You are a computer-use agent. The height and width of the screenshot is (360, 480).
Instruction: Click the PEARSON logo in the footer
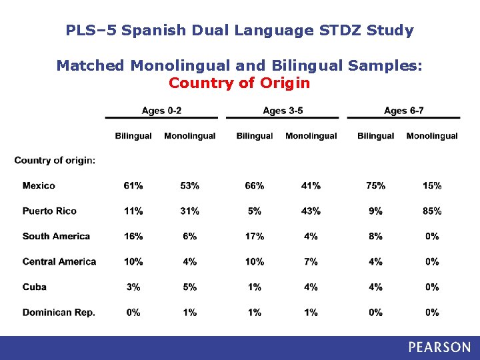coord(439,347)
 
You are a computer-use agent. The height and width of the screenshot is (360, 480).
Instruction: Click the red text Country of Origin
coord(239,83)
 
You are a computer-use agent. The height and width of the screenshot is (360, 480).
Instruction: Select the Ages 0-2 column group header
coord(162,110)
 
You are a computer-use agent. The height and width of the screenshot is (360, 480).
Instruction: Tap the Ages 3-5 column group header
coord(283,110)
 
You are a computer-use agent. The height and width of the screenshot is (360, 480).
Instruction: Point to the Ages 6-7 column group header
coord(403,110)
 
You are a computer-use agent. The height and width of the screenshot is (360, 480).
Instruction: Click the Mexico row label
coord(39,185)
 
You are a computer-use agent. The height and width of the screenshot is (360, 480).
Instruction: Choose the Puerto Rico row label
coord(49,211)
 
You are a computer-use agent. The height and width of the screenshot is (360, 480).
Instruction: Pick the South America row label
coord(56,236)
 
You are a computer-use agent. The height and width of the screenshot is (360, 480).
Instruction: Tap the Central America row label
coord(59,261)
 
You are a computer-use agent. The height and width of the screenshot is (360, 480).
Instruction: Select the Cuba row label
coord(35,287)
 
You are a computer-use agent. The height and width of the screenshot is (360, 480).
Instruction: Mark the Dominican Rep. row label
coord(59,312)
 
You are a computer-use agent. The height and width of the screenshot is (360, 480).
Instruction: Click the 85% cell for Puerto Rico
coord(432,211)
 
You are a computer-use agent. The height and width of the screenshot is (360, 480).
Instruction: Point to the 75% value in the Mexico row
coord(375,185)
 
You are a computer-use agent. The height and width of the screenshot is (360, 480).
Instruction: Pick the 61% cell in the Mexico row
coord(133,185)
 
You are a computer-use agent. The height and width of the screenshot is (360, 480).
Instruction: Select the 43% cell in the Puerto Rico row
coord(311,211)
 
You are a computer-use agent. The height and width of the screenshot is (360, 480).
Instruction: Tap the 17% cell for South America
coord(255,236)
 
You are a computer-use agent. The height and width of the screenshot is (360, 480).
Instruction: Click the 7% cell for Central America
coord(311,261)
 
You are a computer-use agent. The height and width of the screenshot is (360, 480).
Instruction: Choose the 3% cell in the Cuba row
coord(133,287)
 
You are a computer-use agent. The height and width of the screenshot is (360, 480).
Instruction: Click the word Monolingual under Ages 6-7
coord(432,136)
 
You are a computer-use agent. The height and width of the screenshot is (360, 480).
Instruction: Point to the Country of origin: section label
coord(55,160)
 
